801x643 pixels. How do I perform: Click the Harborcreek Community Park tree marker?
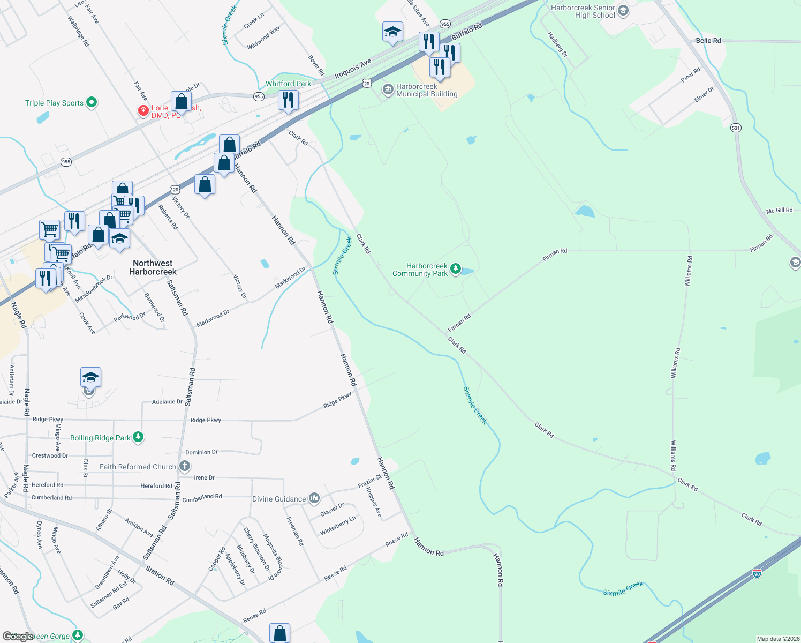[x=456, y=269]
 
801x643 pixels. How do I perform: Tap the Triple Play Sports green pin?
[x=92, y=102]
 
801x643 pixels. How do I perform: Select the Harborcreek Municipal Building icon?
[x=387, y=89]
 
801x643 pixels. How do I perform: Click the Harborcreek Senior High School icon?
[x=623, y=10]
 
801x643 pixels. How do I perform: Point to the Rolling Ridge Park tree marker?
[x=138, y=437]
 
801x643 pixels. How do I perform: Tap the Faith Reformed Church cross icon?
[x=184, y=466]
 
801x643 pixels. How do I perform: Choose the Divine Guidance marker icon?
[x=314, y=499]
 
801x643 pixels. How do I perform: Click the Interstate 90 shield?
[x=757, y=573]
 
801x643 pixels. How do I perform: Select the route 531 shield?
[x=736, y=128]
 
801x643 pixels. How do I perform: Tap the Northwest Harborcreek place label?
[x=153, y=267]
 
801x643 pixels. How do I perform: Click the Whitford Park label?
[x=288, y=84]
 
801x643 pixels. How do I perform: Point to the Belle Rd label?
[x=708, y=41]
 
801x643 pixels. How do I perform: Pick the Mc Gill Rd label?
[x=779, y=211]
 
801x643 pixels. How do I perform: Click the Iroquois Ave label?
[x=353, y=69]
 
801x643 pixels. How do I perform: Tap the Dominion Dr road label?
[x=201, y=452]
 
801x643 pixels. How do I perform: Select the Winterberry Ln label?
[x=338, y=526]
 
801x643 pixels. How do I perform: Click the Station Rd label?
[x=160, y=576]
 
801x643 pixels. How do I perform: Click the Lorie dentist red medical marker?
[x=143, y=111]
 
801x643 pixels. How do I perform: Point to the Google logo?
[x=18, y=636]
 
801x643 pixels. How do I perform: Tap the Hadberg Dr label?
[x=557, y=44]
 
